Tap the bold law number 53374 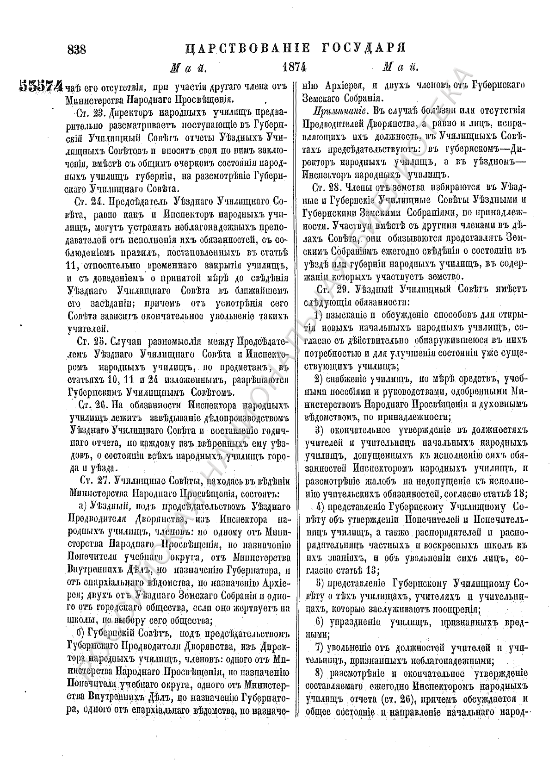click(41, 86)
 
